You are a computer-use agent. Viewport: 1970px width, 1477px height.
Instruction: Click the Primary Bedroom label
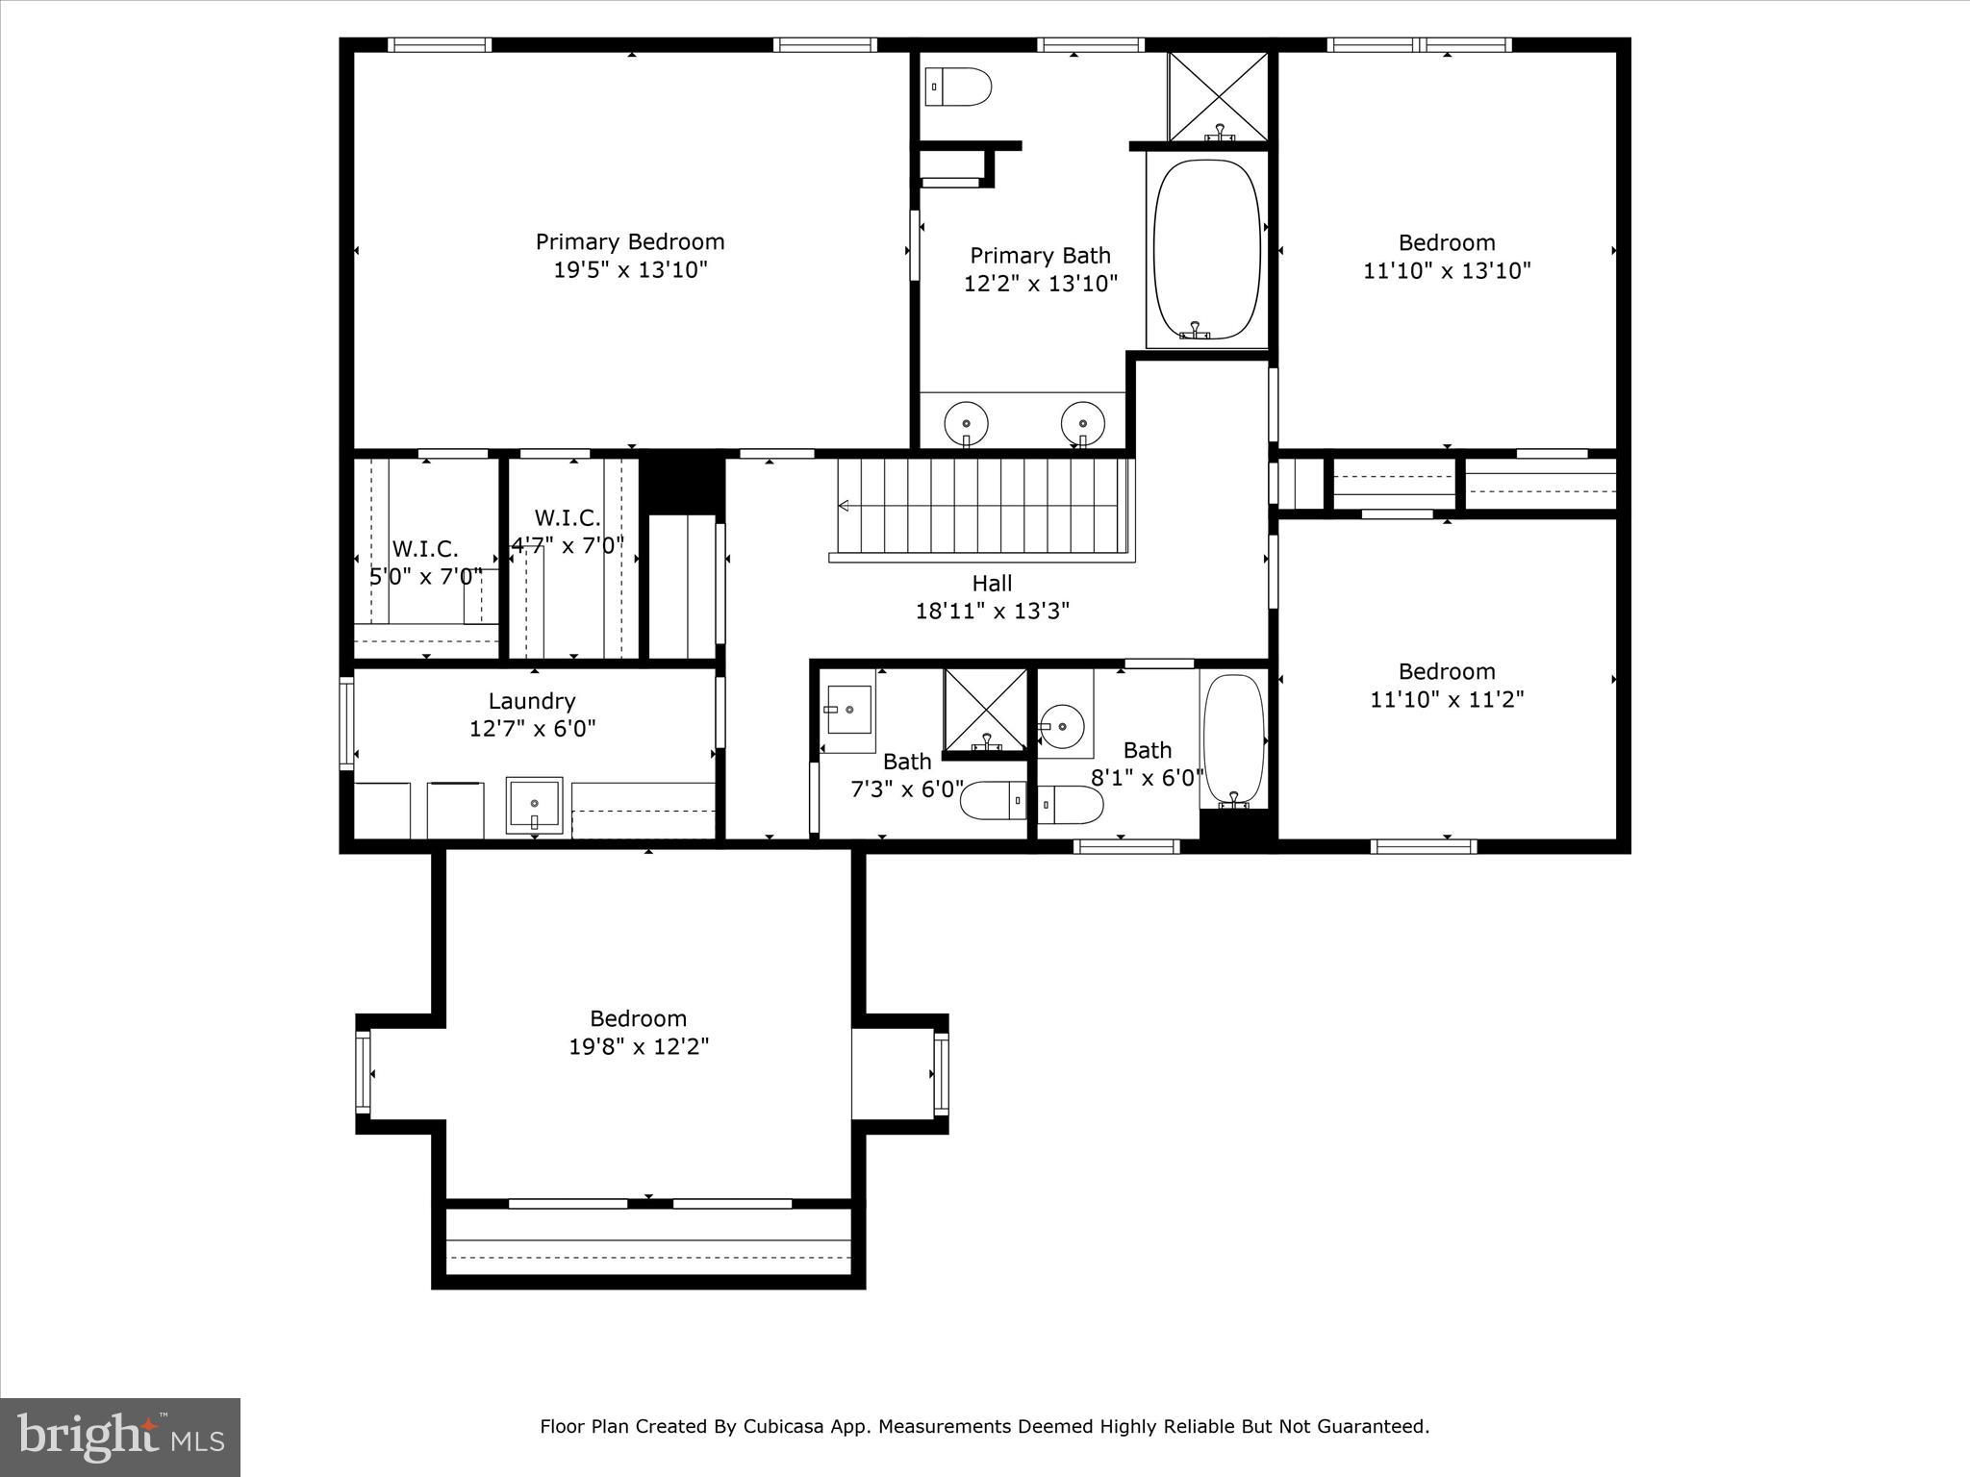[x=630, y=241]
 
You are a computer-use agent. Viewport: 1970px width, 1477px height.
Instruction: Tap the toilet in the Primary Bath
[x=958, y=87]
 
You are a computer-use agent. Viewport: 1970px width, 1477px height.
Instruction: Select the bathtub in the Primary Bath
[x=1207, y=249]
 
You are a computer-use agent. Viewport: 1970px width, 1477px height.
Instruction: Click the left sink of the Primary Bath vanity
[x=966, y=422]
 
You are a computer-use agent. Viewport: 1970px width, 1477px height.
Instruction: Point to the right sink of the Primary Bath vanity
[x=1083, y=422]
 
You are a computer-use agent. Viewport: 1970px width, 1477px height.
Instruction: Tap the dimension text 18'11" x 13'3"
[x=992, y=611]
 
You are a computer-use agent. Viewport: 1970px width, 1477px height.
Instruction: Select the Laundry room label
[x=532, y=701]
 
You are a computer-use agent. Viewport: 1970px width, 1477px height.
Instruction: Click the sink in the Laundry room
[x=535, y=804]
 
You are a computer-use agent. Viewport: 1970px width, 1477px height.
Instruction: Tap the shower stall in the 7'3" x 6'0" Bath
[x=986, y=712]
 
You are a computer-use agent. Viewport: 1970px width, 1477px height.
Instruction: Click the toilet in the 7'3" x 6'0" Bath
[x=993, y=800]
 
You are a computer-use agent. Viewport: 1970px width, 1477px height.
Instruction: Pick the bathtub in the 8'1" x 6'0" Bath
[x=1234, y=739]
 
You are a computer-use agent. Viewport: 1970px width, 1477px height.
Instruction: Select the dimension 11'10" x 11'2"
[x=1447, y=699]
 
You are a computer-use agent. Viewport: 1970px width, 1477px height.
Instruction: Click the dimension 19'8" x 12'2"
[x=639, y=1046]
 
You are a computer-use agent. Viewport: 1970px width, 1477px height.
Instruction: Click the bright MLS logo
[x=120, y=1437]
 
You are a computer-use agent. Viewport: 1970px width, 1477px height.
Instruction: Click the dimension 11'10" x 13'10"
[x=1447, y=270]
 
